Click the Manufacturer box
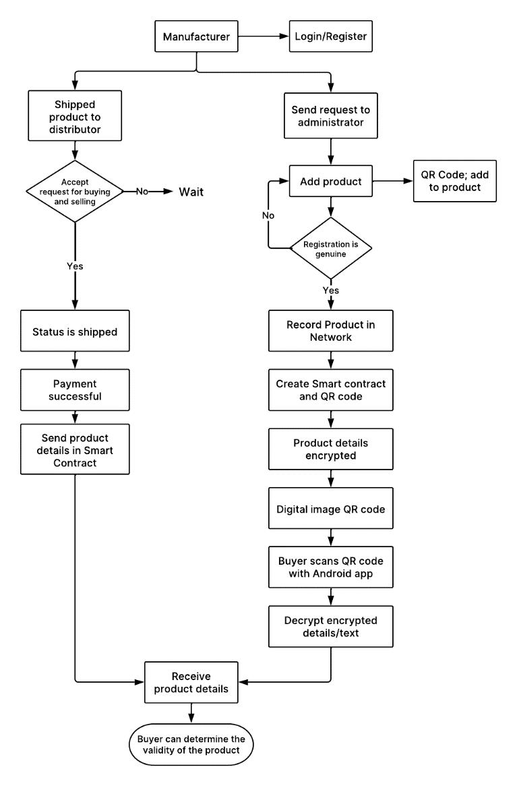[x=196, y=36]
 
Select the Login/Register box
[x=331, y=36]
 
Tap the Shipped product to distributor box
[x=75, y=116]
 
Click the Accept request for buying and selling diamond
[x=75, y=192]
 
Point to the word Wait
[x=191, y=192]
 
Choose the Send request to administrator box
[x=331, y=116]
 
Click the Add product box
[x=331, y=181]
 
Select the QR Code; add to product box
[x=455, y=181]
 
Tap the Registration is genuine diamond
[x=331, y=248]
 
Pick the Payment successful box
[x=75, y=390]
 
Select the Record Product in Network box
[x=331, y=331]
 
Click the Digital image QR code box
[x=331, y=508]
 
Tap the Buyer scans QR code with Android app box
[x=331, y=567]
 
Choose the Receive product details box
[x=191, y=682]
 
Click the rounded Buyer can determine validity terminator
[x=191, y=744]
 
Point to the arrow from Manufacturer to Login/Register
[x=264, y=36]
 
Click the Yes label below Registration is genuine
[x=331, y=290]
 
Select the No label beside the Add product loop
[x=268, y=215]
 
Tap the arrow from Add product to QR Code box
[x=393, y=181]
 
